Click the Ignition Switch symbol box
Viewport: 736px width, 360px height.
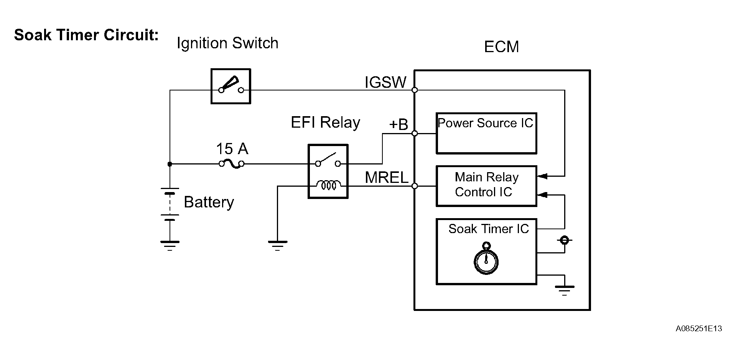pos(231,86)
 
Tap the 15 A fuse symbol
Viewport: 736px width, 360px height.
pos(232,164)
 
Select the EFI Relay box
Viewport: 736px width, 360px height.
pos(328,171)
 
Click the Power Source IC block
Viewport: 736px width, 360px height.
pos(486,133)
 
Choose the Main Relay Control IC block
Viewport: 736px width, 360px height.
pos(486,186)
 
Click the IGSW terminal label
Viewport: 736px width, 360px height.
pos(385,82)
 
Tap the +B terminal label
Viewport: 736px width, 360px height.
pos(398,125)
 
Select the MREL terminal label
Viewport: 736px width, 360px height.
pos(386,178)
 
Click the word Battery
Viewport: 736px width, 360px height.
pos(209,202)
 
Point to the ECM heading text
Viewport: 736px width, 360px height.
pos(501,47)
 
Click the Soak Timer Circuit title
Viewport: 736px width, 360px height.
pos(86,35)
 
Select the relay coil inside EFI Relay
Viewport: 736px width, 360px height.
pos(328,186)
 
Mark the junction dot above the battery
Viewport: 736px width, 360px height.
pos(170,164)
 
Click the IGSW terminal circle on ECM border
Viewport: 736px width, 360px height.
pos(415,90)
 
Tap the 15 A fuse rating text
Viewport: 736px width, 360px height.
pos(232,149)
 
